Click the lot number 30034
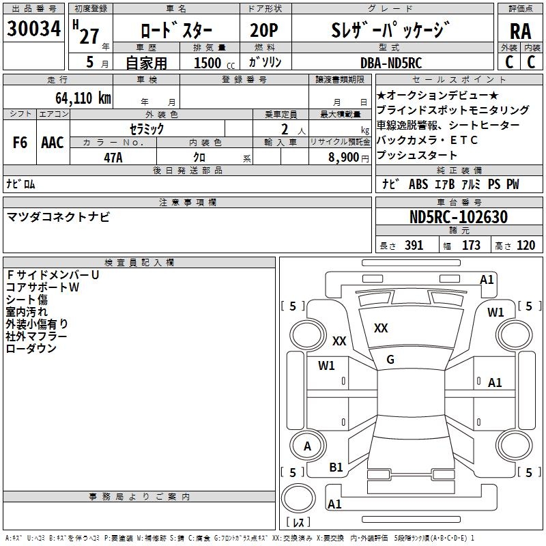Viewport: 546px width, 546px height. [x=33, y=29]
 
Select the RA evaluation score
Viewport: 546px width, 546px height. [x=520, y=31]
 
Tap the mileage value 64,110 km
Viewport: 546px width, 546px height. [x=78, y=98]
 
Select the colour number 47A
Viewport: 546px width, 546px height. [x=113, y=157]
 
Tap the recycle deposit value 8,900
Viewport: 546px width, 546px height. [x=339, y=157]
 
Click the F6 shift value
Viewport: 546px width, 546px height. [x=20, y=143]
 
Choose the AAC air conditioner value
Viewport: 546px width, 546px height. [x=53, y=143]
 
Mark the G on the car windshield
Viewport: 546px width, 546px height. [x=390, y=360]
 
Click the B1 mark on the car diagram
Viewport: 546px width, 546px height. [x=336, y=467]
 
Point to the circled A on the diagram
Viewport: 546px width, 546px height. [x=307, y=446]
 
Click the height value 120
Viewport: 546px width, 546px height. [x=525, y=246]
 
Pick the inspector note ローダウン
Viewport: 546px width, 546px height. [x=31, y=349]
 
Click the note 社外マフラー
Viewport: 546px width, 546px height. [x=36, y=336]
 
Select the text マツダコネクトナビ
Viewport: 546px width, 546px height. [x=58, y=217]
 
